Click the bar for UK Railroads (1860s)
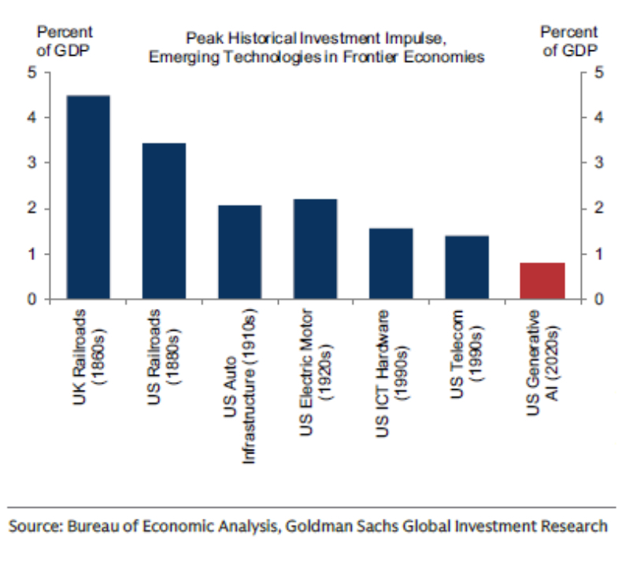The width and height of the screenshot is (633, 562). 88,197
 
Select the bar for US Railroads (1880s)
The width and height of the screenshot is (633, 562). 164,221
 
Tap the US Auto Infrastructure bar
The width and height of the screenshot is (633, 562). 239,252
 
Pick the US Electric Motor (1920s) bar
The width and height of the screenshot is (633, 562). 315,249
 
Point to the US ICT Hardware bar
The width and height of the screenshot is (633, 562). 391,264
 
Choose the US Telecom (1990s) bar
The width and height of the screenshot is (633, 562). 467,267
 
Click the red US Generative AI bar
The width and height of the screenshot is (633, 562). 542,281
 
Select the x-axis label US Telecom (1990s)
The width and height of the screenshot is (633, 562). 467,349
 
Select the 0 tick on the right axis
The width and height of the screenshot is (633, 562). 598,299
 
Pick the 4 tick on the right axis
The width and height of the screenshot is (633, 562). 598,118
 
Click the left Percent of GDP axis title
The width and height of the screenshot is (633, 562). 65,39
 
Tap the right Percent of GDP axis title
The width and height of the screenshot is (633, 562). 568,39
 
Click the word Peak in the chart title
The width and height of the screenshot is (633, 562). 200,38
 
